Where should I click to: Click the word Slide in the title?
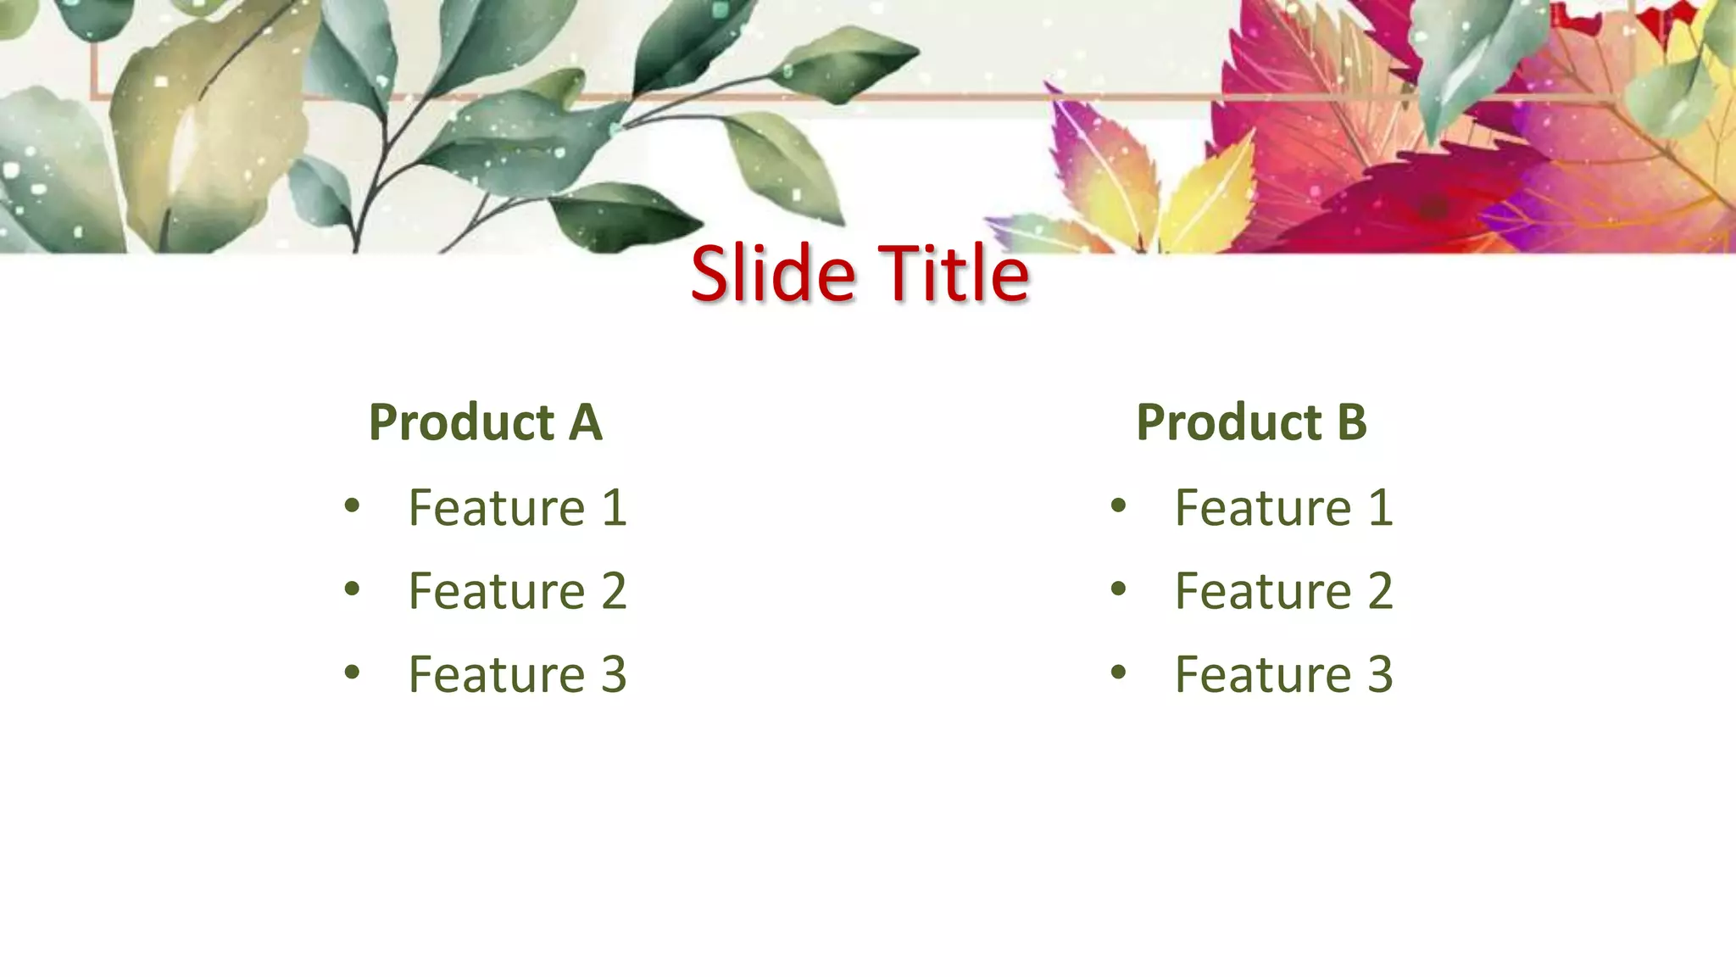[772, 273]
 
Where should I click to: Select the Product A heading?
[485, 422]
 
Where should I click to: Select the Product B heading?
[1251, 422]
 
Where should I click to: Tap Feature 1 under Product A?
[517, 508]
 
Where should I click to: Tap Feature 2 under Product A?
[517, 591]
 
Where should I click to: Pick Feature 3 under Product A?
[517, 675]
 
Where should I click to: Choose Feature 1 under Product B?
[1283, 508]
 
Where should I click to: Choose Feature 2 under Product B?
[1283, 591]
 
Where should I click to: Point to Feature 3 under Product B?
[1283, 675]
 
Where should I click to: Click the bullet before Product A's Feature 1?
[353, 507]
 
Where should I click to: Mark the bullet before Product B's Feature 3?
[1119, 673]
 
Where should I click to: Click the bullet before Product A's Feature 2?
[353, 589]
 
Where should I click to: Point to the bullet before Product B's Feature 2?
[1119, 589]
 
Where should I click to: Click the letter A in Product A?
[585, 422]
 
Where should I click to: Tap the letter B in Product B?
[1352, 422]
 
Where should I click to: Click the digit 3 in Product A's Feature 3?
[614, 675]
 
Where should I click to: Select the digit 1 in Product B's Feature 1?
[1380, 508]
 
